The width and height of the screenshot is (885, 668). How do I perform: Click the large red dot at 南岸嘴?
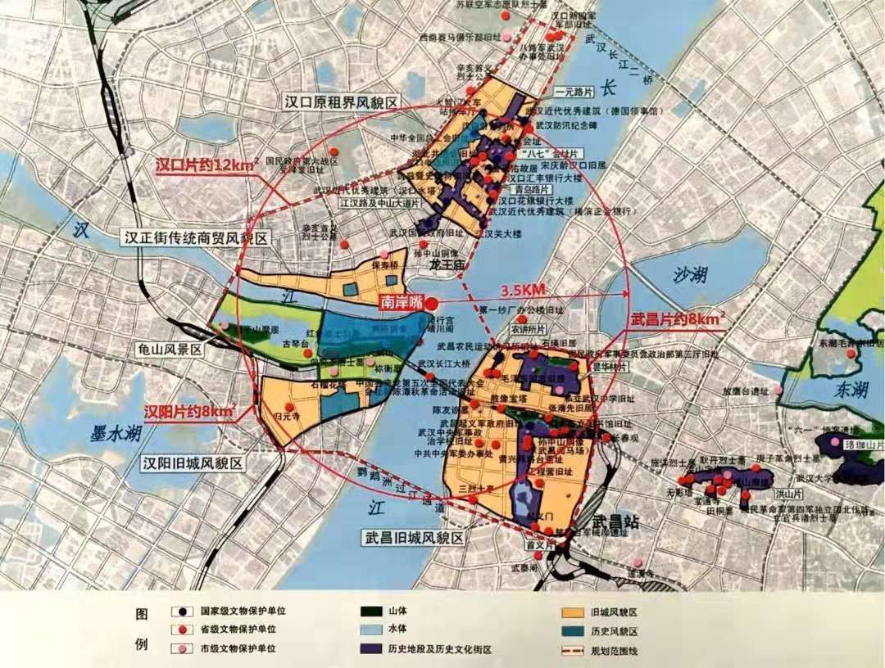[x=431, y=302]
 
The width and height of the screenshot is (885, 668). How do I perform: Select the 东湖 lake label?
[x=851, y=390]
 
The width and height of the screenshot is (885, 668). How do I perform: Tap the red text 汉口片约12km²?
[x=207, y=165]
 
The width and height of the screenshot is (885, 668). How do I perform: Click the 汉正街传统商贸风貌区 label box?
[x=196, y=238]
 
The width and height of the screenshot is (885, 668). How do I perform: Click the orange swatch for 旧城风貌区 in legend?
[x=565, y=611]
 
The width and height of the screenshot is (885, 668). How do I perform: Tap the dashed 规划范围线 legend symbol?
[x=565, y=651]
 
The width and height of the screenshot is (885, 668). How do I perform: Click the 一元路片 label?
[x=572, y=93]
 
